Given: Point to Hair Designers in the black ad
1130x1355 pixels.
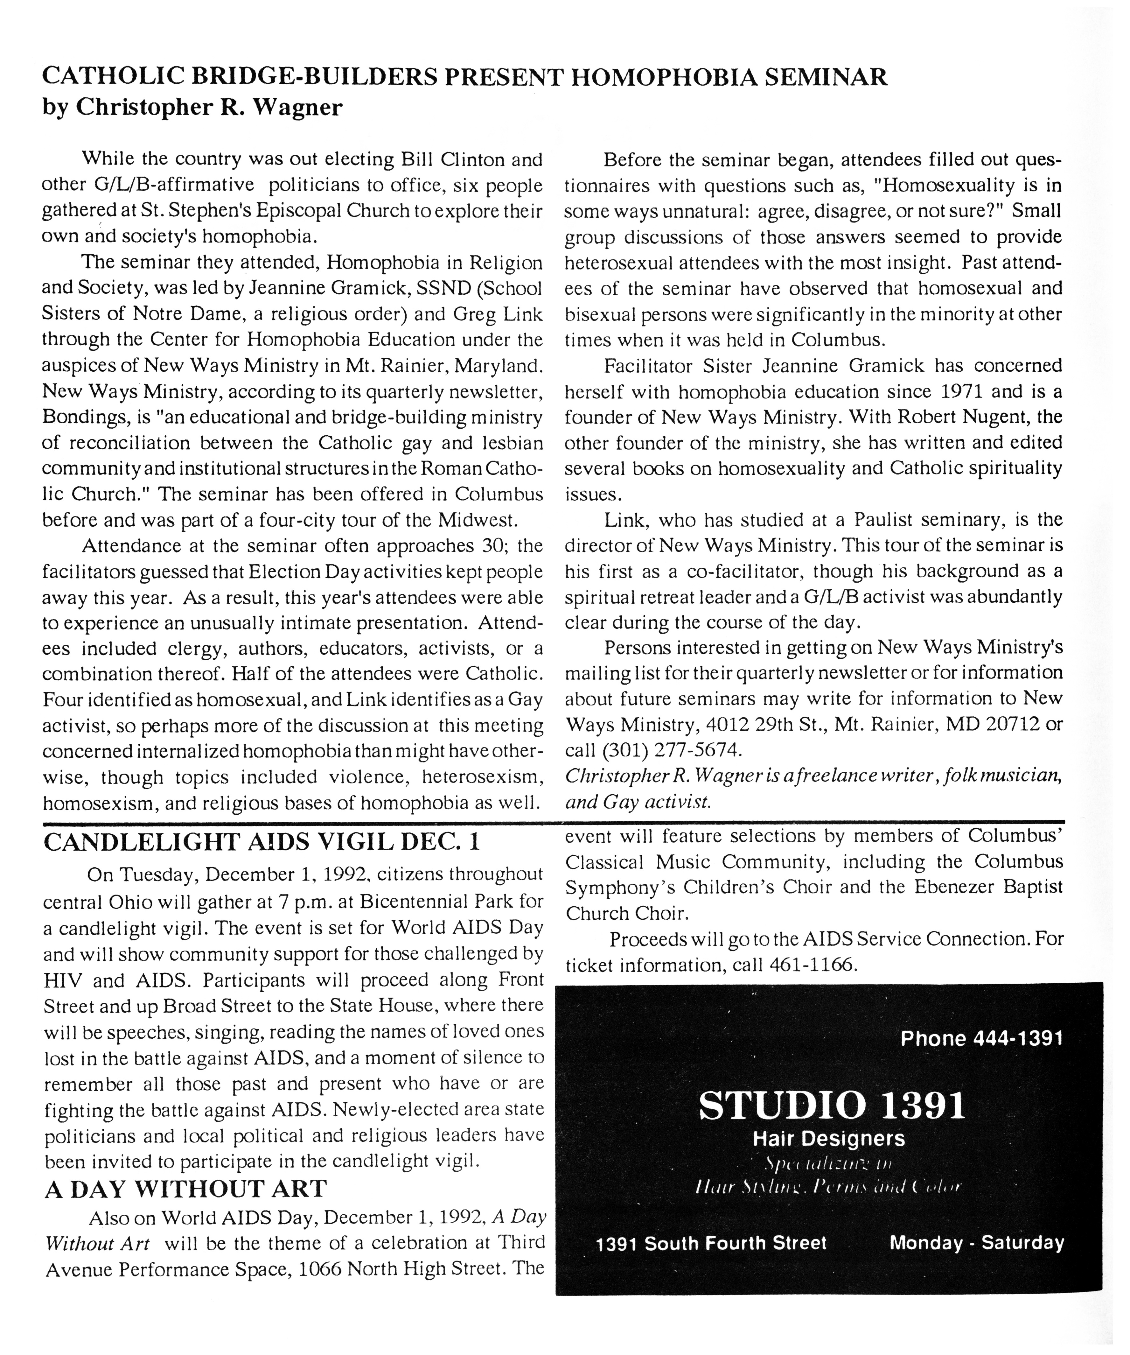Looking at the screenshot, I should (829, 1139).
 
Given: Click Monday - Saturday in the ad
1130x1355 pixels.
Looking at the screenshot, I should (976, 1243).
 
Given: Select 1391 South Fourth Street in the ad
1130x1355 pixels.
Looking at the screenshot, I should (711, 1243).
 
